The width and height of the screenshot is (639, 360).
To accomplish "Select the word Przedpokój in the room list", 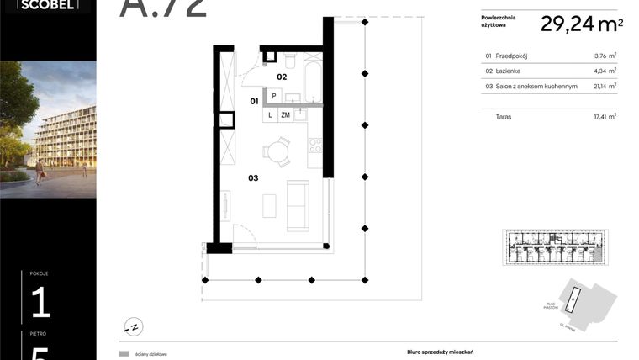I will click(x=515, y=56).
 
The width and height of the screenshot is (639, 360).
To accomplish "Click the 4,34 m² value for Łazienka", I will click(x=605, y=71).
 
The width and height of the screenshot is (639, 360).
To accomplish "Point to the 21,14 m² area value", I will click(x=605, y=86).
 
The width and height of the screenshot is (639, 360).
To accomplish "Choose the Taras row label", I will click(x=504, y=117).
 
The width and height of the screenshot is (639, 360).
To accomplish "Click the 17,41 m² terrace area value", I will click(x=605, y=117).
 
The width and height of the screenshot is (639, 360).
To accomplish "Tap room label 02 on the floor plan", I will click(x=283, y=77).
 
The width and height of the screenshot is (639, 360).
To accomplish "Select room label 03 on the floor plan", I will click(x=253, y=178).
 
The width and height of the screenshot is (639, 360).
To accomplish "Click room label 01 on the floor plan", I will click(x=253, y=102).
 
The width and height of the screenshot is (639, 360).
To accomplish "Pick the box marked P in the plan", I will click(x=273, y=96).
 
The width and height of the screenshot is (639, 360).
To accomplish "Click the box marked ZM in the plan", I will click(x=286, y=115).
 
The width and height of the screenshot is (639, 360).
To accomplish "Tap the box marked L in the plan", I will click(x=270, y=115).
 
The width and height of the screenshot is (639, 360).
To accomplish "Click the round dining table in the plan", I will click(x=277, y=152).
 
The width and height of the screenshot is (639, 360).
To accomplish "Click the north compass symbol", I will click(x=131, y=326).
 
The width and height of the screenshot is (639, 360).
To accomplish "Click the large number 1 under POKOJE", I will click(x=40, y=302).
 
